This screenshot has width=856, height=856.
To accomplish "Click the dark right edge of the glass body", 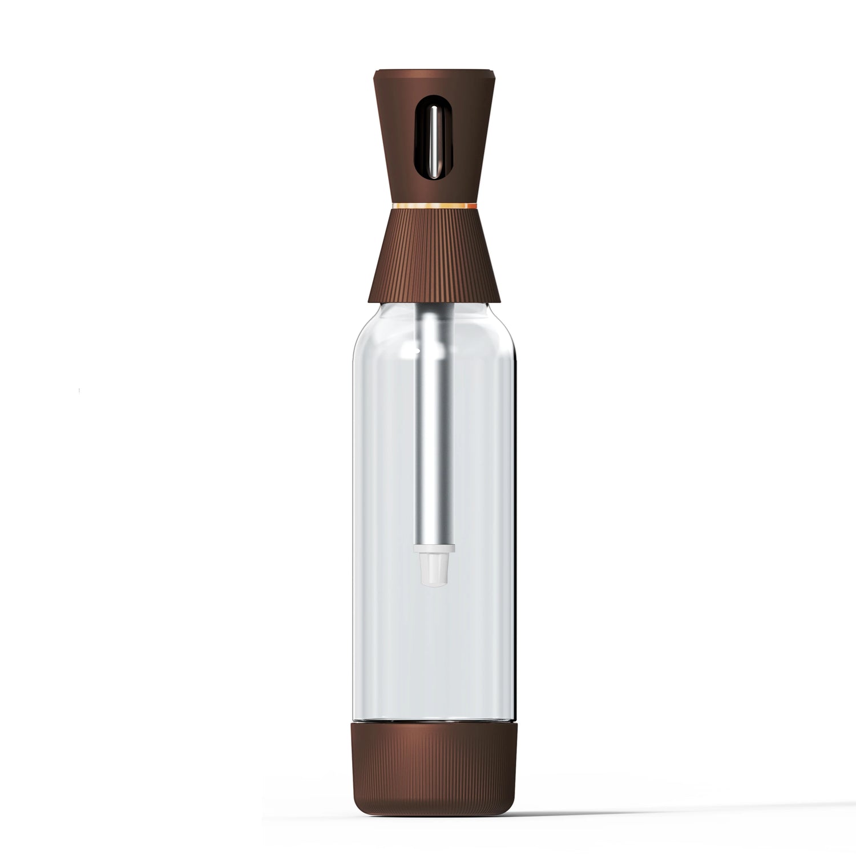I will pyautogui.click(x=517, y=514).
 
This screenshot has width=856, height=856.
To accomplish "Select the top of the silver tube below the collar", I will pyautogui.click(x=434, y=311).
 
